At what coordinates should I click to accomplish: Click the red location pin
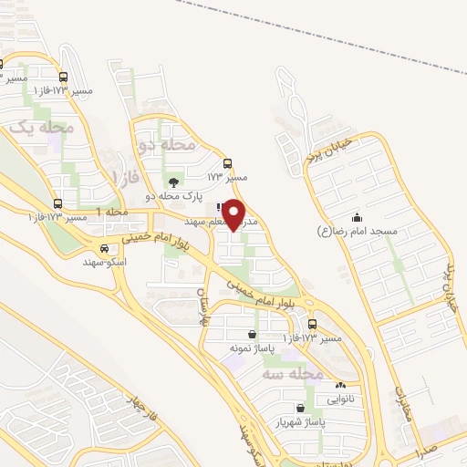[x=234, y=213]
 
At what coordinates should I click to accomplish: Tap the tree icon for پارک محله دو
[x=173, y=182]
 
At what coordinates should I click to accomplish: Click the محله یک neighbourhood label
[x=41, y=129]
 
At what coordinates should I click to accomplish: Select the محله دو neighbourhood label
[x=166, y=144]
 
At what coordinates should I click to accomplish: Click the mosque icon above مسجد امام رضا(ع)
[x=357, y=218]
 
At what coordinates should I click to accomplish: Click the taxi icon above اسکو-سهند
[x=103, y=248]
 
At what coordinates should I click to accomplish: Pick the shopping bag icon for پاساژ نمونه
[x=253, y=335]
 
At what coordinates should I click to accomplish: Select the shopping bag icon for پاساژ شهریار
[x=301, y=409]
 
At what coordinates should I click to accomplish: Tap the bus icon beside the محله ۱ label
[x=58, y=203]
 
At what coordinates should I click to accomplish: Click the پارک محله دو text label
[x=173, y=196]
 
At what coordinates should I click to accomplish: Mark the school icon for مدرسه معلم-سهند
[x=221, y=208]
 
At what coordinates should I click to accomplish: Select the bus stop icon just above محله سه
[x=313, y=324]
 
